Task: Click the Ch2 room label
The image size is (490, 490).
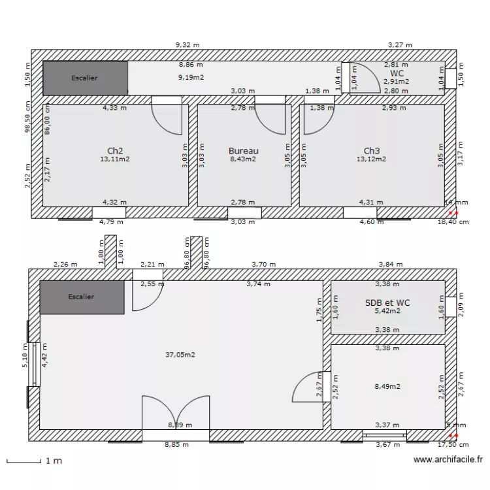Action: (x=115, y=150)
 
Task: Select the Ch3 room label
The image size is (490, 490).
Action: (x=371, y=150)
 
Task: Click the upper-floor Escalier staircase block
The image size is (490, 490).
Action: (x=85, y=78)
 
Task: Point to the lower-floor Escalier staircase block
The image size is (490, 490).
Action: (x=82, y=297)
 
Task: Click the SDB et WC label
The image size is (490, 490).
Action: (x=387, y=302)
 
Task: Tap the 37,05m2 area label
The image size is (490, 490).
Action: (x=180, y=355)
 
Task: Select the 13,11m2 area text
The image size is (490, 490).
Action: (x=115, y=159)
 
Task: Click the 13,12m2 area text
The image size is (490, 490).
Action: (x=371, y=159)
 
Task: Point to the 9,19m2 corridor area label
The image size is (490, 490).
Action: (x=191, y=77)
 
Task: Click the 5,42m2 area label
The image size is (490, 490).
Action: (x=387, y=311)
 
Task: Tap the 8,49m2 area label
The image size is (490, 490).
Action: (x=387, y=386)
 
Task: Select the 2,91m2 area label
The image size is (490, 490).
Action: (x=397, y=82)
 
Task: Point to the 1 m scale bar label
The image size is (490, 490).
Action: (x=54, y=461)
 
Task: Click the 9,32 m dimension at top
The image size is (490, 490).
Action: (x=188, y=45)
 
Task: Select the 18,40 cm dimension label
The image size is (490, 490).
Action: (x=453, y=221)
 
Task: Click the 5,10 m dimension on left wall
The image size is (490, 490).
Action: (x=25, y=357)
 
